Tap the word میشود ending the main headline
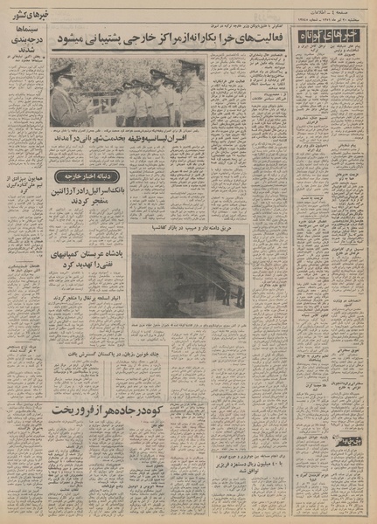point(71,42)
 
